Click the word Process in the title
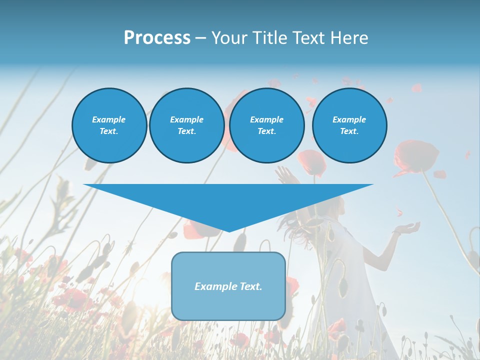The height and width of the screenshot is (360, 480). click(157, 37)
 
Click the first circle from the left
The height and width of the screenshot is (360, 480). click(109, 125)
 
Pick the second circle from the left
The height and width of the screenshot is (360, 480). click(186, 125)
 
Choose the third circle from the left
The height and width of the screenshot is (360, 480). click(266, 125)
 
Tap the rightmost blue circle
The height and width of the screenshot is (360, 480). click(349, 125)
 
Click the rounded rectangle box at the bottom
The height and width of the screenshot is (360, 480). click(228, 286)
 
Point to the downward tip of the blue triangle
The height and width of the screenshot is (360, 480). click(229, 230)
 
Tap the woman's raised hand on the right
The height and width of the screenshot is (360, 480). click(406, 229)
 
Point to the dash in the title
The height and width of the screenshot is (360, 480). click(200, 38)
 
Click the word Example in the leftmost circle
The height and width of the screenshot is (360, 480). click(109, 119)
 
